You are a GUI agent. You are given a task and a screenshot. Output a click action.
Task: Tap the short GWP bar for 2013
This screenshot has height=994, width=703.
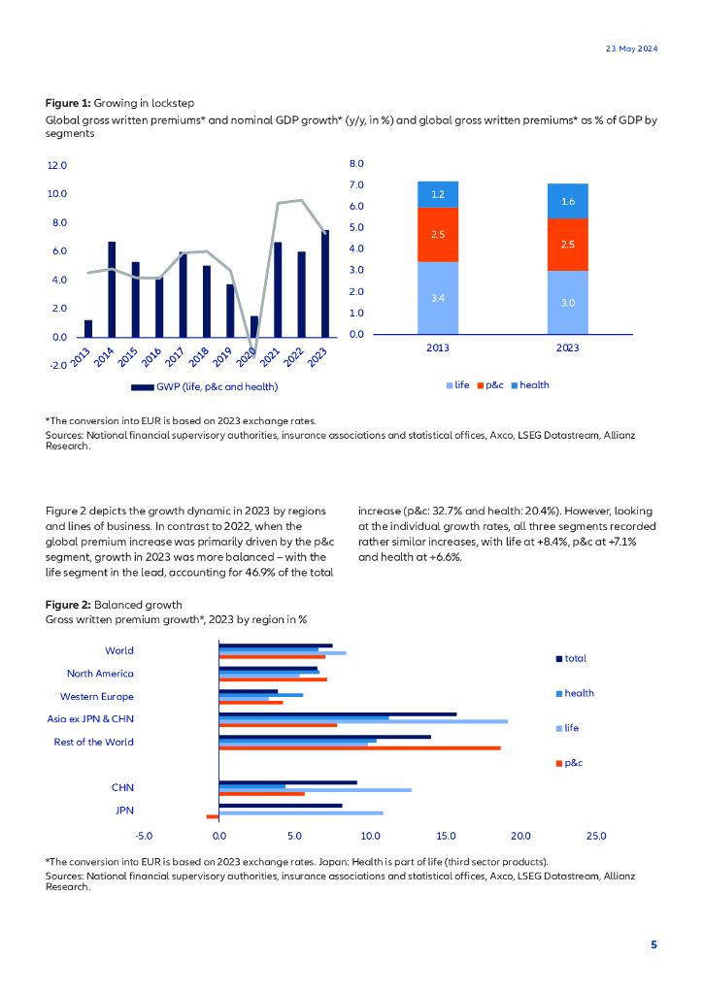coord(88,328)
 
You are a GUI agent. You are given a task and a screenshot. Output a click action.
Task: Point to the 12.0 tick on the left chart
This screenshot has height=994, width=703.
coord(56,166)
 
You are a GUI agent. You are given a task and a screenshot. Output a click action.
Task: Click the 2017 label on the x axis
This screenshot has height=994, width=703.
coord(174,356)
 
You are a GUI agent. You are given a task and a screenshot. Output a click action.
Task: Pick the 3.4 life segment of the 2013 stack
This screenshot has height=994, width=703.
coord(438,298)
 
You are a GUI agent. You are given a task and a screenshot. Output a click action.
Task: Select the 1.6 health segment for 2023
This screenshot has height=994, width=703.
coord(567,201)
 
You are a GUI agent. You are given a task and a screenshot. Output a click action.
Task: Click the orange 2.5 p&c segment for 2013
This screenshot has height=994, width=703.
coord(438,234)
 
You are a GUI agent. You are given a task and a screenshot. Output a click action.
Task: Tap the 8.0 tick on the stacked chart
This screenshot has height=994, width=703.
coord(355,164)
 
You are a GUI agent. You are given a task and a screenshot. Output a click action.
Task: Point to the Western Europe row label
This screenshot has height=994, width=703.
coord(96,697)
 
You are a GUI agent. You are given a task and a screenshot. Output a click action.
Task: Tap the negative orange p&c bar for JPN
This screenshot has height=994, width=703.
coord(213,816)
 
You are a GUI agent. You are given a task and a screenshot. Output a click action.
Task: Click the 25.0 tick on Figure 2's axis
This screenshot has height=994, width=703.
coord(595,836)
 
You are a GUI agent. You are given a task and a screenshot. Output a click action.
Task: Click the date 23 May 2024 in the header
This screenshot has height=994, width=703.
coord(631,49)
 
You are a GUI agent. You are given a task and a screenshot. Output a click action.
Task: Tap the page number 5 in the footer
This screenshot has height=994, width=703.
coord(653,944)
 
